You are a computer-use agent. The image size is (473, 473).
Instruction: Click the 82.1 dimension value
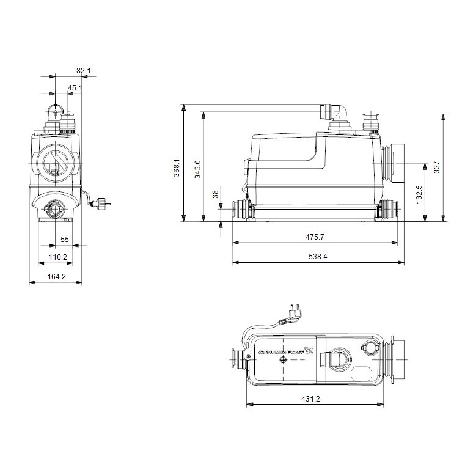coord(84,71)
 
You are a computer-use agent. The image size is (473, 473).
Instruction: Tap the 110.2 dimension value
coord(57,257)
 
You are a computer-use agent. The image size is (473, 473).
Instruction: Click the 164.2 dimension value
coord(57,277)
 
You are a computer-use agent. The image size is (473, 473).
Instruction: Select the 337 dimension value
coord(436,167)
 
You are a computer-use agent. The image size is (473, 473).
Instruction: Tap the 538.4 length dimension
coord(317,257)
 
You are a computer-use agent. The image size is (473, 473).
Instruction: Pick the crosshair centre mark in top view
coord(282,361)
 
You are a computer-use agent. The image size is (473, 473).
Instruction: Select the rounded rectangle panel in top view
coord(362,372)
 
